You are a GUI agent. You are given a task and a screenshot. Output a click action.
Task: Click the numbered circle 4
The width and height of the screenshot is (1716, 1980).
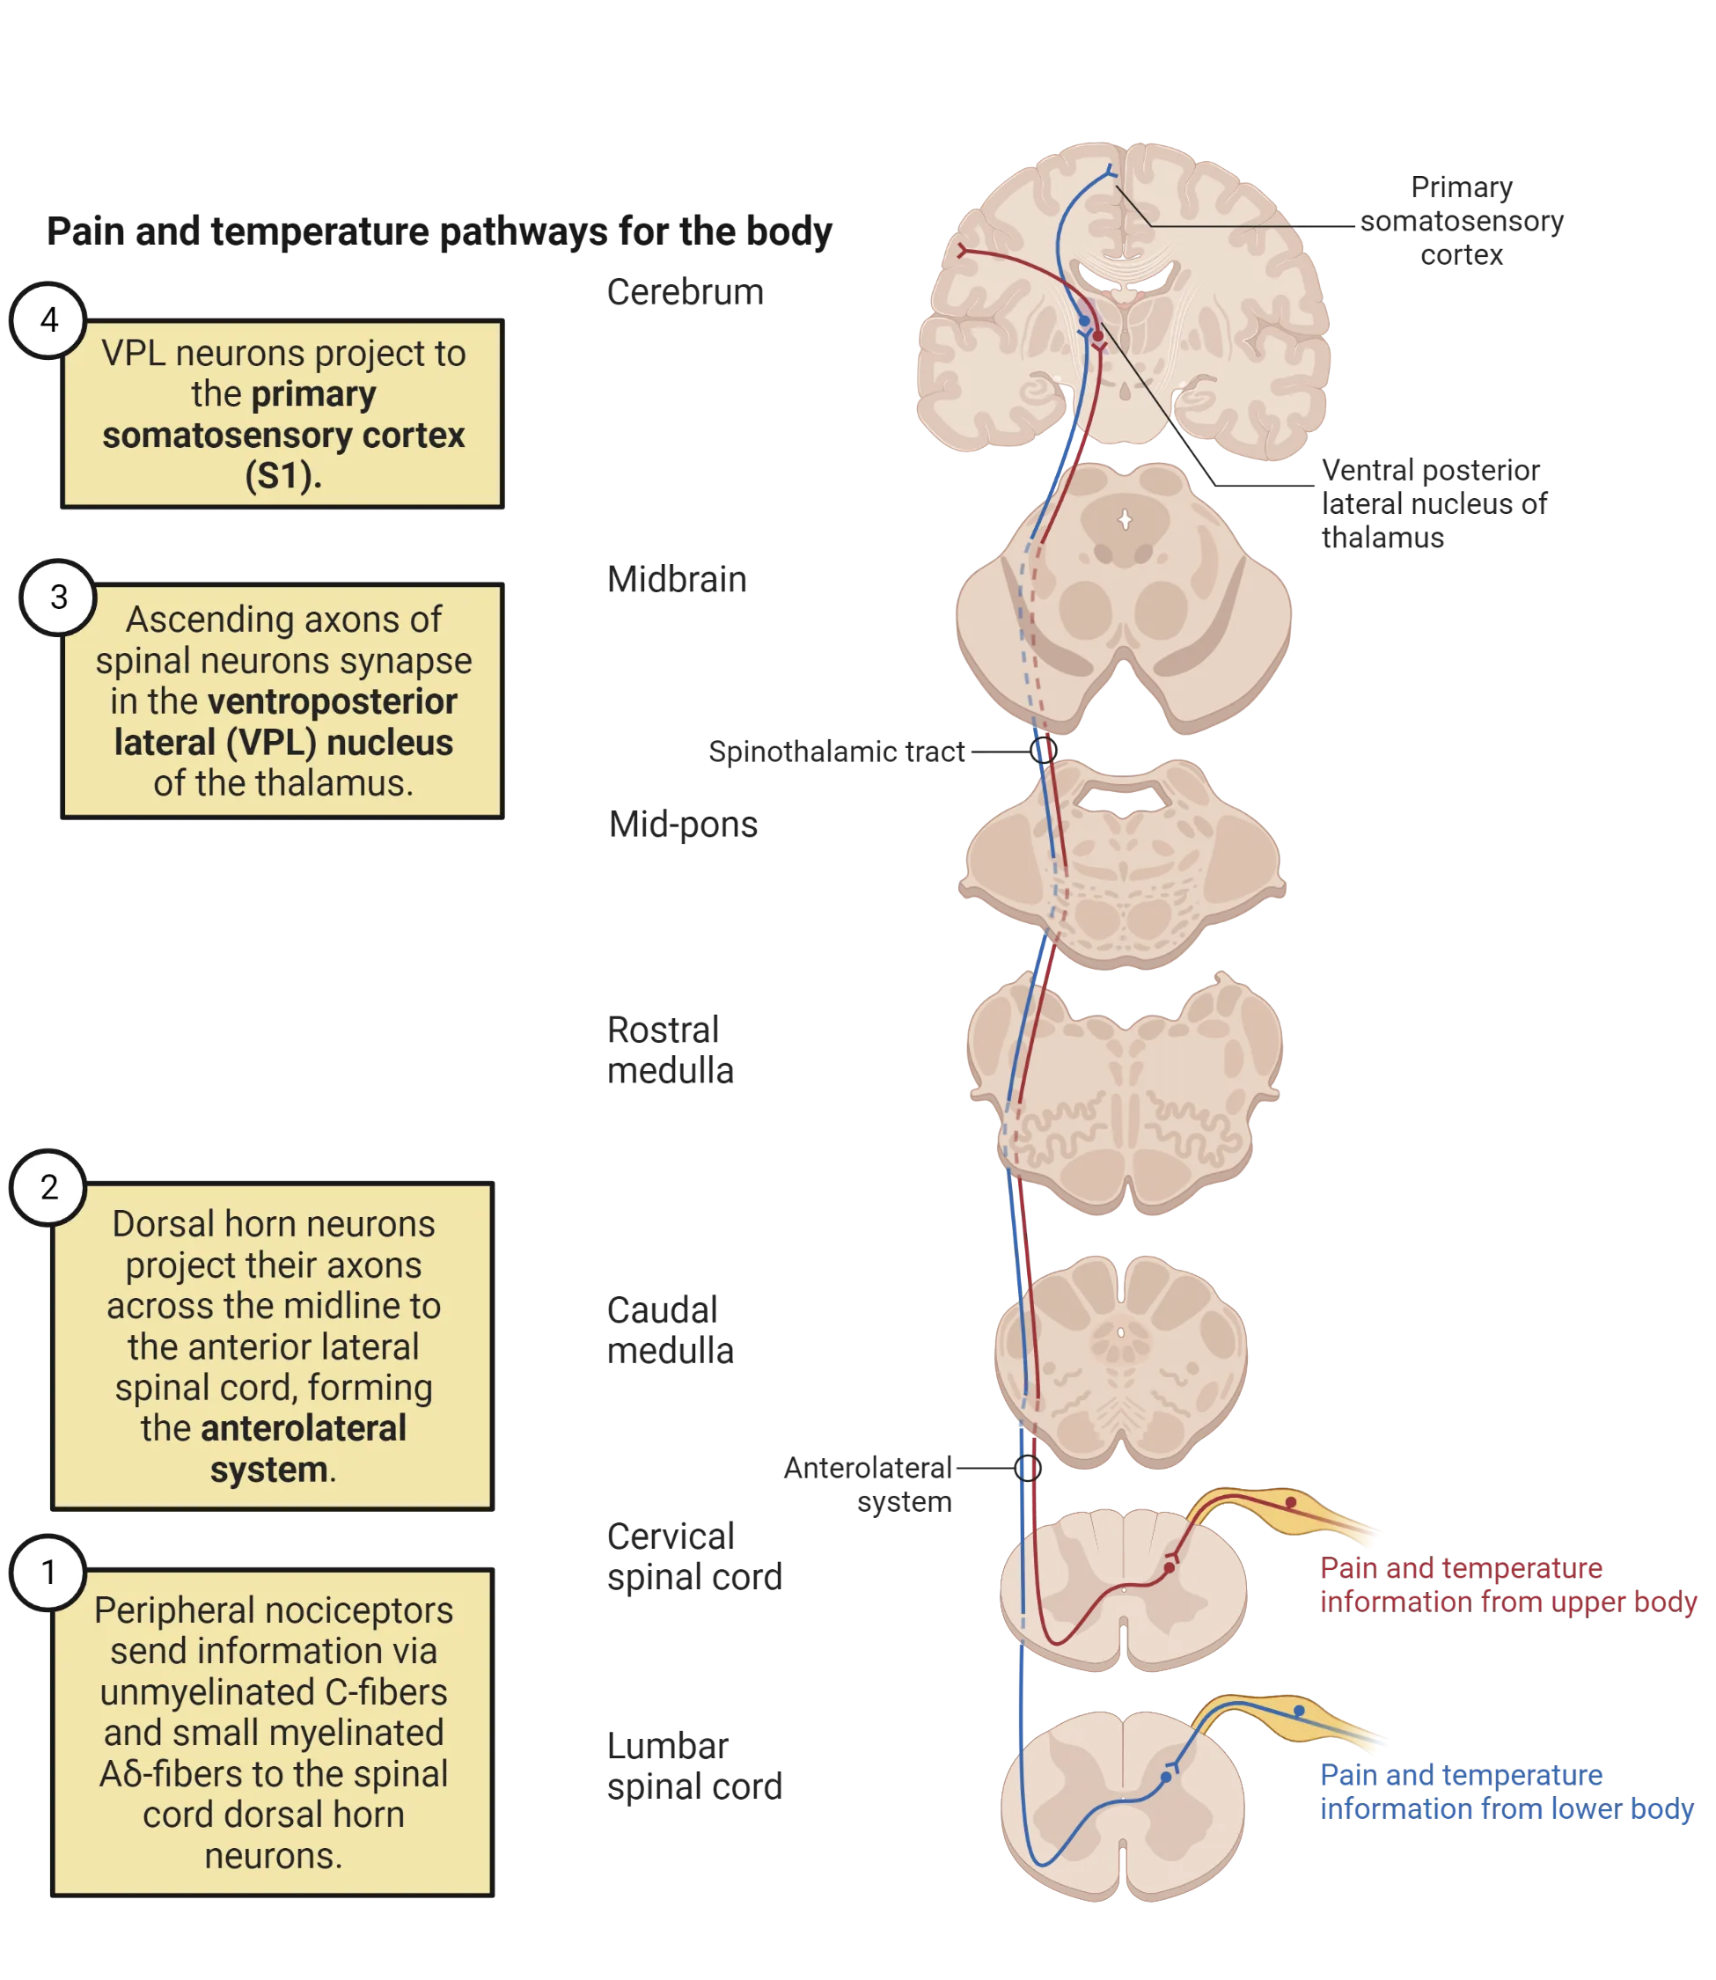[48, 319]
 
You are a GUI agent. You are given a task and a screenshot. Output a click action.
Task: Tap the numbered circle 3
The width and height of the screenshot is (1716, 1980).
[58, 598]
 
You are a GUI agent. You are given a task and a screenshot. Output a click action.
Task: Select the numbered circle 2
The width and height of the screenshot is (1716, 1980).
[48, 1187]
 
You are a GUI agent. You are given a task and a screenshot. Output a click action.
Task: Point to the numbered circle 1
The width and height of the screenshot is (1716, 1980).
[48, 1573]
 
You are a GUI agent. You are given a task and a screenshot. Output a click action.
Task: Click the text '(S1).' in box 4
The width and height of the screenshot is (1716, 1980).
[282, 476]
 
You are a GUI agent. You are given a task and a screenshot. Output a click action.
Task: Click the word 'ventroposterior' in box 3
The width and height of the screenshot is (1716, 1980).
[333, 702]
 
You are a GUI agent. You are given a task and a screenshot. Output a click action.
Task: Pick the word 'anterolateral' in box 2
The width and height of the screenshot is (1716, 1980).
[303, 1428]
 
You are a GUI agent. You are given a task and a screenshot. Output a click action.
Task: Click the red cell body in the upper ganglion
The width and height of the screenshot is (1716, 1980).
[1291, 1502]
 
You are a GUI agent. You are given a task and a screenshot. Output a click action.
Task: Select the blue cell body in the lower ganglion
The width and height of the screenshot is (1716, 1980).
[1299, 1710]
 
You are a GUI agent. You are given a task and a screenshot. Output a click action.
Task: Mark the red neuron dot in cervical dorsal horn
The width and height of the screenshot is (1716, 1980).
[1170, 1567]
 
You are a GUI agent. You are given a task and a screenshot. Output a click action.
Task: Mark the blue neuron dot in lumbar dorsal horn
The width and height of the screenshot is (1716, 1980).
[1165, 1777]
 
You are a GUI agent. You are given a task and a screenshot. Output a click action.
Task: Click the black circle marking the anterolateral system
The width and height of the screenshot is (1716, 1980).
[1027, 1467]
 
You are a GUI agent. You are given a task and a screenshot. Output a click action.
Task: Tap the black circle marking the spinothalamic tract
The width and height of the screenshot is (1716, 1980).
[1045, 750]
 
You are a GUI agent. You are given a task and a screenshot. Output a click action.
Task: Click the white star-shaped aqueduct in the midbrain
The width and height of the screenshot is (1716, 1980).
[1126, 520]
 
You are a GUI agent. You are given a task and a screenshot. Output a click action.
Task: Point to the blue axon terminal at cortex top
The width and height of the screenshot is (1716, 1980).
[1109, 172]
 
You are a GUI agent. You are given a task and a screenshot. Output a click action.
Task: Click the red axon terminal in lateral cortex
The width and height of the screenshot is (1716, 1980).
[964, 251]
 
